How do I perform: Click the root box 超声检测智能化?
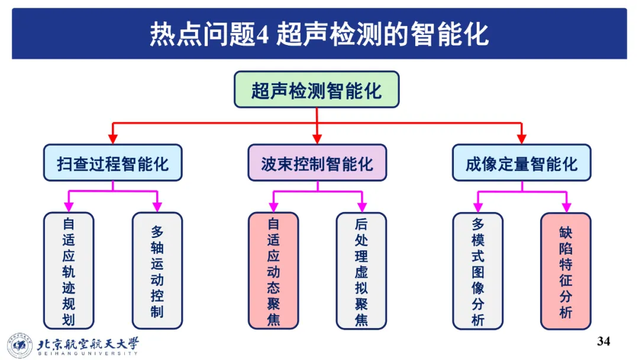click(317, 89)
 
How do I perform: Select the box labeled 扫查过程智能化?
click(112, 163)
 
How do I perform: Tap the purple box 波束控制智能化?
click(317, 163)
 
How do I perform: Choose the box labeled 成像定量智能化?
click(521, 163)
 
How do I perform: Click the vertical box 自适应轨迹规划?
click(69, 271)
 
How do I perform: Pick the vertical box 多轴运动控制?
click(157, 271)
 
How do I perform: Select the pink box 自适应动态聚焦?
click(273, 271)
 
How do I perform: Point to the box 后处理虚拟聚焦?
click(361, 271)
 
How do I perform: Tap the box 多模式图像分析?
click(477, 271)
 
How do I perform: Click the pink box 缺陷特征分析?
click(566, 271)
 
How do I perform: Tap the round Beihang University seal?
click(20, 345)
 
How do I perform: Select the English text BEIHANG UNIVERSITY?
click(89, 353)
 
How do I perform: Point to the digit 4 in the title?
click(263, 35)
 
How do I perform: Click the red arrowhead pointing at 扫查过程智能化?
click(112, 139)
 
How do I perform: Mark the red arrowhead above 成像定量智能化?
click(521, 139)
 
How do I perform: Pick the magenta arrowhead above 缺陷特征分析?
click(566, 207)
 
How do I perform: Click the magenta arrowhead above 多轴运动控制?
click(157, 207)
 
